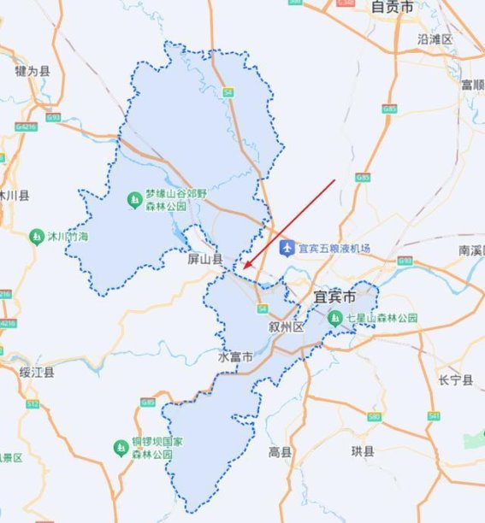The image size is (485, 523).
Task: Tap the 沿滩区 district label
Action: (x=435, y=39)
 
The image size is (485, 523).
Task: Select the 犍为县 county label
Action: (x=33, y=71)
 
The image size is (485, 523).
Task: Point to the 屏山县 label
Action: (x=205, y=258)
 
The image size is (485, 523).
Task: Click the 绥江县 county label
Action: (x=38, y=372)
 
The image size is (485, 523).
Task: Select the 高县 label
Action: (x=280, y=451)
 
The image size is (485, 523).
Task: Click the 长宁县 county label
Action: (x=455, y=380)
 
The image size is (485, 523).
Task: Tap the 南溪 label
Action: (x=471, y=250)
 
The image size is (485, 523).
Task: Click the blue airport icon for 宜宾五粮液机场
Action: (x=287, y=248)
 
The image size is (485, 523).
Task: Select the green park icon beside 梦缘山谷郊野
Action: (x=134, y=199)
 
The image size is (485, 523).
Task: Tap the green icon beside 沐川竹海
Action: (x=36, y=236)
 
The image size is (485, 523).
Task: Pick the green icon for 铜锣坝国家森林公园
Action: (x=121, y=448)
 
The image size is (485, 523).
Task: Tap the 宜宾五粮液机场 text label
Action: (x=334, y=249)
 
